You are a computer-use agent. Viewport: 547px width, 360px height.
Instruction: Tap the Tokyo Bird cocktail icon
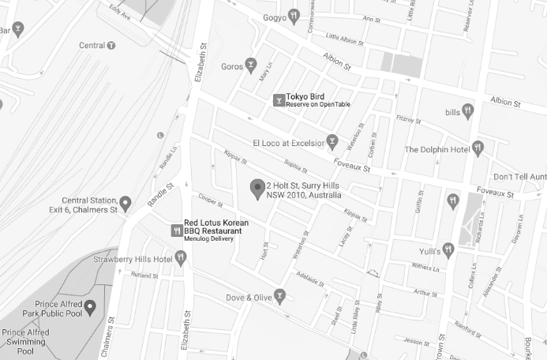coord(279,100)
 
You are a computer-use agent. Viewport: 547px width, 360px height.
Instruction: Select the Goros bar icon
coord(251,65)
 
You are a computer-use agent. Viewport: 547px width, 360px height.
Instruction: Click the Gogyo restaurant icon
coord(293,14)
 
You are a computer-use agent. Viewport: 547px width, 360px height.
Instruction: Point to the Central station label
coord(92,45)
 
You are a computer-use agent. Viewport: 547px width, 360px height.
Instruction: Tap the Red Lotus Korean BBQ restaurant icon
coord(176,231)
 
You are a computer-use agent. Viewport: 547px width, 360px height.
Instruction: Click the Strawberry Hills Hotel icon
coord(181,257)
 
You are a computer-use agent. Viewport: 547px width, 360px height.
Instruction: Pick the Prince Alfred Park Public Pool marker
coord(90,306)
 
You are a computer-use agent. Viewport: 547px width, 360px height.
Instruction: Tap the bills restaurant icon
coord(467,110)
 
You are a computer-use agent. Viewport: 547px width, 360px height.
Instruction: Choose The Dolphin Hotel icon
coord(478,148)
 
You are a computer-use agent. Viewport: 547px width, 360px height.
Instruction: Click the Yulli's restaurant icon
coord(448,249)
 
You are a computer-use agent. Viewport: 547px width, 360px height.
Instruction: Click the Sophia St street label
coord(294,166)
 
